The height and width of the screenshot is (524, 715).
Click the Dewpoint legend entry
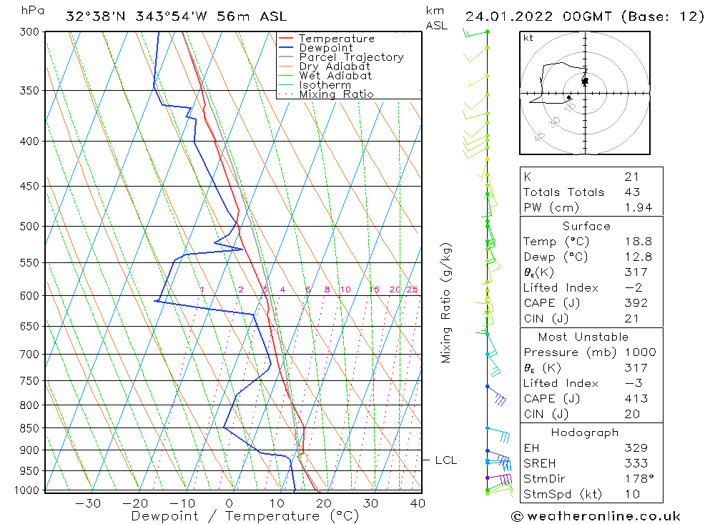click(x=325, y=48)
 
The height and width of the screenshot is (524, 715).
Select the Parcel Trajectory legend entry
click(x=351, y=57)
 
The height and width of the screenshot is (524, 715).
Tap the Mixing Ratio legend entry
click(x=336, y=94)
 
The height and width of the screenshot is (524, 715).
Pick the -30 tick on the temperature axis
click(x=88, y=503)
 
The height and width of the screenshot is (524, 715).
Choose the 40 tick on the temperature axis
click(x=418, y=503)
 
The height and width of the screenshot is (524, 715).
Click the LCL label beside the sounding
click(x=445, y=460)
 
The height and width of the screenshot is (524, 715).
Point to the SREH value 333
click(x=634, y=463)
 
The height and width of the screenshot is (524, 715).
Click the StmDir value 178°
click(x=636, y=479)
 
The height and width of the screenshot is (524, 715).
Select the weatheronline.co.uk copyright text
click(x=596, y=516)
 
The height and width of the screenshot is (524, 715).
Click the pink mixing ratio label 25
click(x=412, y=290)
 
